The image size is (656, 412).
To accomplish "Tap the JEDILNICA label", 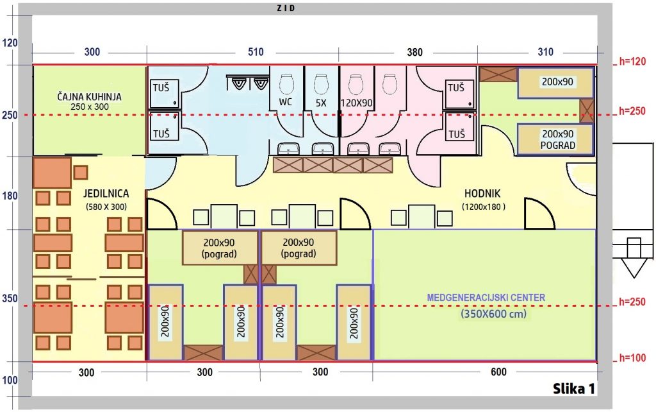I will coord(106,193).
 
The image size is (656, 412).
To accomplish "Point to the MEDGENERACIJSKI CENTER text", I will coord(486,298).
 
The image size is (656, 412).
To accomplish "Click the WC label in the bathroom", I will coord(286,102).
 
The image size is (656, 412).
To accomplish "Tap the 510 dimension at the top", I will coord(256,53).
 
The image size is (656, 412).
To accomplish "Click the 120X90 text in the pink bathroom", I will coord(356,102).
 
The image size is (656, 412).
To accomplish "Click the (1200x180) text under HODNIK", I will coord(484,207).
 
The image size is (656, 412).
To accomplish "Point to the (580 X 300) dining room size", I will coord(106,207).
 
